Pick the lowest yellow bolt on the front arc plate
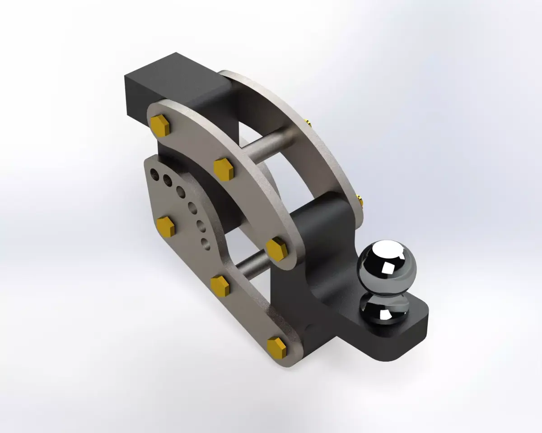pos(276,248)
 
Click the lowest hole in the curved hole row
pos(206,244)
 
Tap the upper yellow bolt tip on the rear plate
pos(307,121)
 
